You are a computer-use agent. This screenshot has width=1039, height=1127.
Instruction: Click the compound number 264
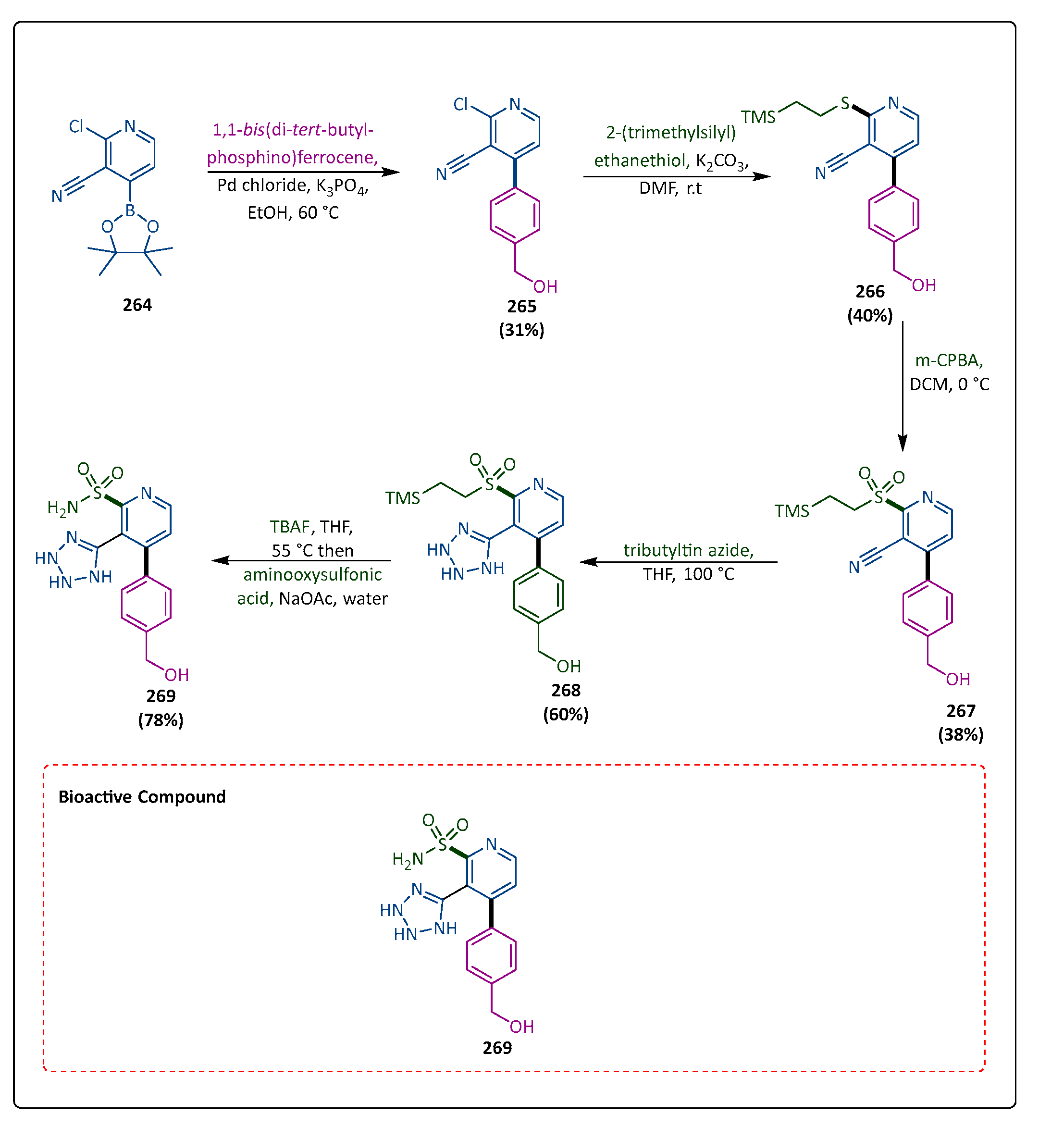tap(137, 305)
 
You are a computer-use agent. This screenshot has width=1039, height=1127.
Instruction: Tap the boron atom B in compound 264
tap(130, 211)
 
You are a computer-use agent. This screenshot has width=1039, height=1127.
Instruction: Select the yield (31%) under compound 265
tap(521, 330)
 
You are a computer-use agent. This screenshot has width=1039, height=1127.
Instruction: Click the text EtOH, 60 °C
tap(293, 212)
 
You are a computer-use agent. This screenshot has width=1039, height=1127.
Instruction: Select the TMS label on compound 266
tap(758, 117)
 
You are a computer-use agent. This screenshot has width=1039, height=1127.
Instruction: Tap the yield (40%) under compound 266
tap(869, 315)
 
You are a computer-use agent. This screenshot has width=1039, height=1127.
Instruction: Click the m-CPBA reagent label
tap(949, 360)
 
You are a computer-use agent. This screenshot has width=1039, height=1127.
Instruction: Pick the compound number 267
tap(960, 711)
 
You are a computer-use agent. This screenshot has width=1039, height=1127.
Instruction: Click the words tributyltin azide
tap(688, 550)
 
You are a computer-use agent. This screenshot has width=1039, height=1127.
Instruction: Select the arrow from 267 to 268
tap(678, 562)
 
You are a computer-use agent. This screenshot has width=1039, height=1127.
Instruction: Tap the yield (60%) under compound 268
tap(565, 714)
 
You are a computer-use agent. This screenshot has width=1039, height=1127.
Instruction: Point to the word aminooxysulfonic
tap(312, 574)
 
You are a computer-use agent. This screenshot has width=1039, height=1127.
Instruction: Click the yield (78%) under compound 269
tap(161, 720)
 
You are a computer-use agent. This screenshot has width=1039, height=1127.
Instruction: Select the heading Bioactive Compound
tap(142, 796)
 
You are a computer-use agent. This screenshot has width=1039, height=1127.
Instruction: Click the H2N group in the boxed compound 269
tap(408, 859)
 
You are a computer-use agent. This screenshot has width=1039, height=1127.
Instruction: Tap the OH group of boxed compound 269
tap(521, 1027)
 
